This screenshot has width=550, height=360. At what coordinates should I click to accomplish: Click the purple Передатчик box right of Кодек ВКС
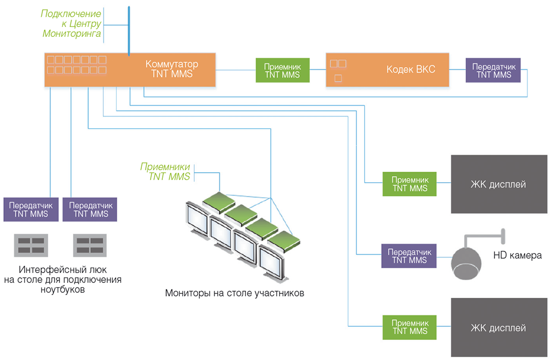493,70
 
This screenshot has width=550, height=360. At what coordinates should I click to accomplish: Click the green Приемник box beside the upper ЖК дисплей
410,184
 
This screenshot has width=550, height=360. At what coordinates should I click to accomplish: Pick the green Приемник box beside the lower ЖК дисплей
410,327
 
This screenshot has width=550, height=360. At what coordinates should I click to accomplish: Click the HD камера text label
518,256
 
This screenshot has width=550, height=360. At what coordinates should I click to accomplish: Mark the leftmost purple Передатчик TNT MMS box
31,210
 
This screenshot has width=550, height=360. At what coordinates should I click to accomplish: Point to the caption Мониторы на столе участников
234,293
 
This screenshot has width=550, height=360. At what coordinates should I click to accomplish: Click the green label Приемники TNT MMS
165,172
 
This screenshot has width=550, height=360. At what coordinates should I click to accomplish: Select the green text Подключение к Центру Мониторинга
72,24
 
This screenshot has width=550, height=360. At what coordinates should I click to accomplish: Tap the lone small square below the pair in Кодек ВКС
338,78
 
